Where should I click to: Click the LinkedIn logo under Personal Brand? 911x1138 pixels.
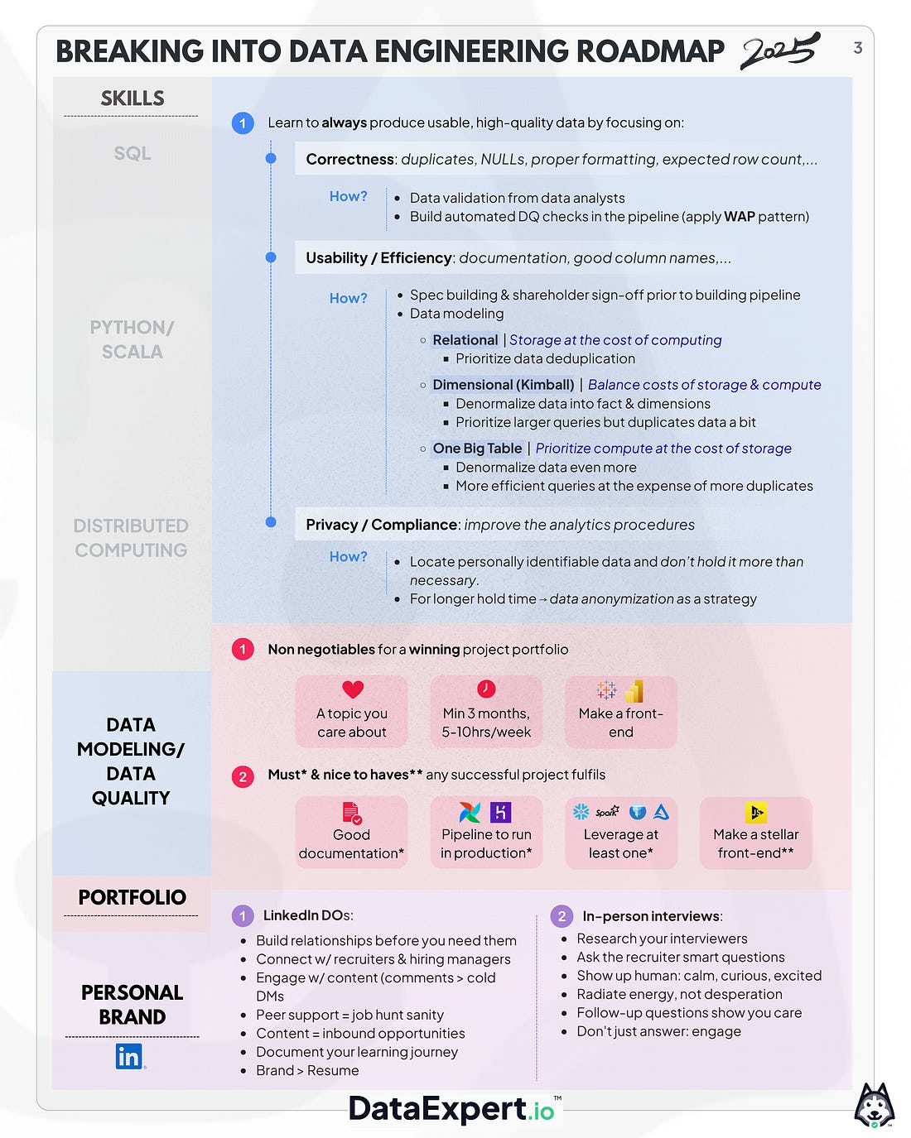[x=129, y=1056]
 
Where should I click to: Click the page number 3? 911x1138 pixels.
[x=858, y=48]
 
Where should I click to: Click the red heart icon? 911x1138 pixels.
[x=353, y=689]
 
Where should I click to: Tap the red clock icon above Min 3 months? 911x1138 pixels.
[x=486, y=689]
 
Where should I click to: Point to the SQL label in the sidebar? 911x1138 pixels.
[x=133, y=153]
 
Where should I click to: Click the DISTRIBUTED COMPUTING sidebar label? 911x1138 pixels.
[x=131, y=538]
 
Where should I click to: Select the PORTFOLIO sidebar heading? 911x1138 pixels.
[x=132, y=897]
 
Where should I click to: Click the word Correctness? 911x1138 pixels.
[x=349, y=159]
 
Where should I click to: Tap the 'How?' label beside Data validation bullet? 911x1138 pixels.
[x=348, y=196]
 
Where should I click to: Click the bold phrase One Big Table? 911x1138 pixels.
[x=477, y=449]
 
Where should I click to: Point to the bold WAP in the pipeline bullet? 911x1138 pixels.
[x=739, y=217]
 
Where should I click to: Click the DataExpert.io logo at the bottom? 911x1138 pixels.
[x=452, y=1109]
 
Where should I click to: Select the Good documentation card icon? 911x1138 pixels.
[x=352, y=813]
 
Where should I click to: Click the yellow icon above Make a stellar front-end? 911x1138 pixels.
[x=755, y=813]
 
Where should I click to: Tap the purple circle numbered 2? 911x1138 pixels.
[x=562, y=916]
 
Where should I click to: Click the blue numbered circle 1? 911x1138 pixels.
[x=243, y=123]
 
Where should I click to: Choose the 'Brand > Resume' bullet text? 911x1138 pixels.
[x=307, y=1070]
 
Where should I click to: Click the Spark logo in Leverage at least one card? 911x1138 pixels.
[x=607, y=812]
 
